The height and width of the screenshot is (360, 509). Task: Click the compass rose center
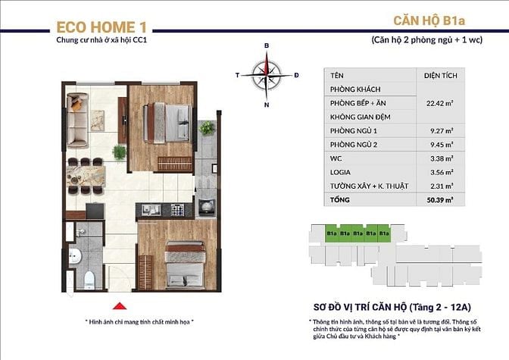[x=267, y=74]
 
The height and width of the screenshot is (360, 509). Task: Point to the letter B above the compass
[x=267, y=46]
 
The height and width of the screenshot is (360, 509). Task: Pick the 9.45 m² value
[x=439, y=144]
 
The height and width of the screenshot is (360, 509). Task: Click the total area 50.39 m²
[x=439, y=199]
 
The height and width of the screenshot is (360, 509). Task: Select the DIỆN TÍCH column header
[x=439, y=76]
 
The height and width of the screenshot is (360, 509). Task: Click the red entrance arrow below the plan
[x=118, y=306]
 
